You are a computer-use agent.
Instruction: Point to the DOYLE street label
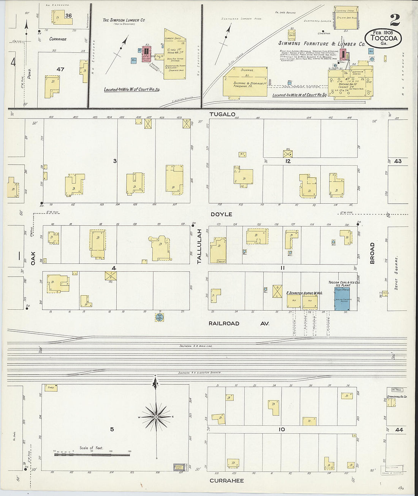point(221,214)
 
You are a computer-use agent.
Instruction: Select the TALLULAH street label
point(199,247)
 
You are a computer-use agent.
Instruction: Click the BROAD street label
point(372,253)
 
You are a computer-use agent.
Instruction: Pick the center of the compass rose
point(156,417)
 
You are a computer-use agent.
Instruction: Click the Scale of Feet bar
point(91,454)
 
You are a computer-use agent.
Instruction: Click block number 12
point(288,162)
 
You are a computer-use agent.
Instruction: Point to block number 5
point(112,429)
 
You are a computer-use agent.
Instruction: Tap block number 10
point(282,429)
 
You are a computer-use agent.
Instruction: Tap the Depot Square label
point(396,273)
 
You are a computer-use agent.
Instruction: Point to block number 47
point(60,70)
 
